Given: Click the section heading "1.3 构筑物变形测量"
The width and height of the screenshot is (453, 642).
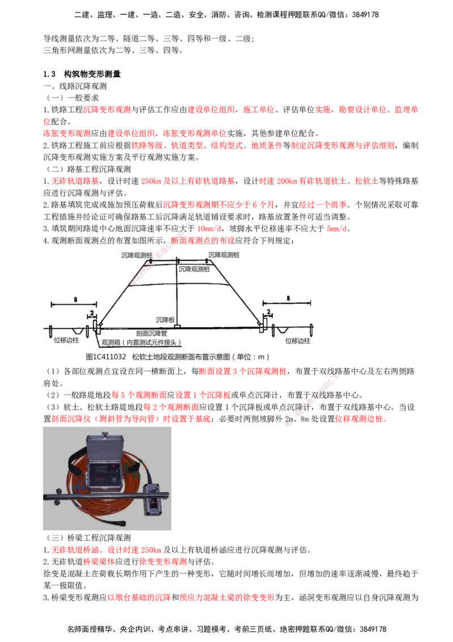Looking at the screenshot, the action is pyautogui.click(x=82, y=74).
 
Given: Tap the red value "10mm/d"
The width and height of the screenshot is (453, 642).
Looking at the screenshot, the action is pyautogui.click(x=210, y=229).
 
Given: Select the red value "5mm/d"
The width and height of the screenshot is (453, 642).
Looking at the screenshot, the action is pyautogui.click(x=337, y=229).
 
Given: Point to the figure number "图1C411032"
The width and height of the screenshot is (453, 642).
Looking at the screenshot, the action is pyautogui.click(x=106, y=357).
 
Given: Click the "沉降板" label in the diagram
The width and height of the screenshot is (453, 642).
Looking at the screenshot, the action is pyautogui.click(x=165, y=319).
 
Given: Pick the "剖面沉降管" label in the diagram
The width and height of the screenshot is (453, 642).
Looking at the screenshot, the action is pyautogui.click(x=152, y=333).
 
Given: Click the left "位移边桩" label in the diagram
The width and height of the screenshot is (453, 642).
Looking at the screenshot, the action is pyautogui.click(x=66, y=340).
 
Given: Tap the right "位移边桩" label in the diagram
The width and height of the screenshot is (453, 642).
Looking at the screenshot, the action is pyautogui.click(x=298, y=341).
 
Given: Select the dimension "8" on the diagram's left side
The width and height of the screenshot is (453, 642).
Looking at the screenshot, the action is pyautogui.click(x=75, y=299).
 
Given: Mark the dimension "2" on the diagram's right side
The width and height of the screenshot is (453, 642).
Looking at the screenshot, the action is pyautogui.click(x=268, y=311).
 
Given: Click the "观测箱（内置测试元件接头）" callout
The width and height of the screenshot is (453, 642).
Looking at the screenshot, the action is pyautogui.click(x=141, y=343).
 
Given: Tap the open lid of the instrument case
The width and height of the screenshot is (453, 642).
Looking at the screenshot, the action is pyautogui.click(x=105, y=444).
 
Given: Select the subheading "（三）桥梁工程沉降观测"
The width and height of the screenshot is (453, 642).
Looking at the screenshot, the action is pyautogui.click(x=87, y=538).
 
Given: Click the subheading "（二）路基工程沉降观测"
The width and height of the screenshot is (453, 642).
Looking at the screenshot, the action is pyautogui.click(x=87, y=169).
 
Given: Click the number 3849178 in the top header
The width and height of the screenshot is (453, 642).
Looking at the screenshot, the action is pyautogui.click(x=365, y=15).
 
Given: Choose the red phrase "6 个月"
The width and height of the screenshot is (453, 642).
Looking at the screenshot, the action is pyautogui.click(x=263, y=205).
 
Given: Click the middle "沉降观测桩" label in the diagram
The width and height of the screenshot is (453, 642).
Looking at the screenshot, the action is pyautogui.click(x=194, y=269).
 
